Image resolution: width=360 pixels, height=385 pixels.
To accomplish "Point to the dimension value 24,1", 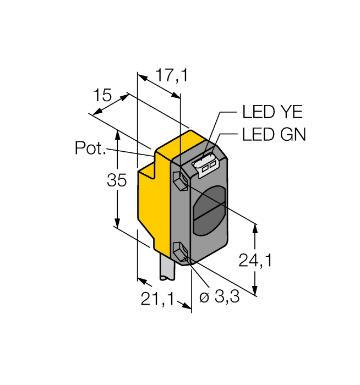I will click(255, 261).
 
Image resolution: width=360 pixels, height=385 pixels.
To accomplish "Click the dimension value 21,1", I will click(157, 299).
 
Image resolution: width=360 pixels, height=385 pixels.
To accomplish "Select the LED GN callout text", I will click(274, 135).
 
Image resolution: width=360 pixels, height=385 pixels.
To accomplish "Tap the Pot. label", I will click(90, 148).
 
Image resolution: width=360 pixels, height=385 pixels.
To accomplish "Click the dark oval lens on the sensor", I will click(209, 210).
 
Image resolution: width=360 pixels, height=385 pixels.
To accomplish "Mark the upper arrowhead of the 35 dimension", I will click(117, 133).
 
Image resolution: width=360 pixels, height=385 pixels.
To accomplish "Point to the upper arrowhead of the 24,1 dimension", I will click(255, 226).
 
